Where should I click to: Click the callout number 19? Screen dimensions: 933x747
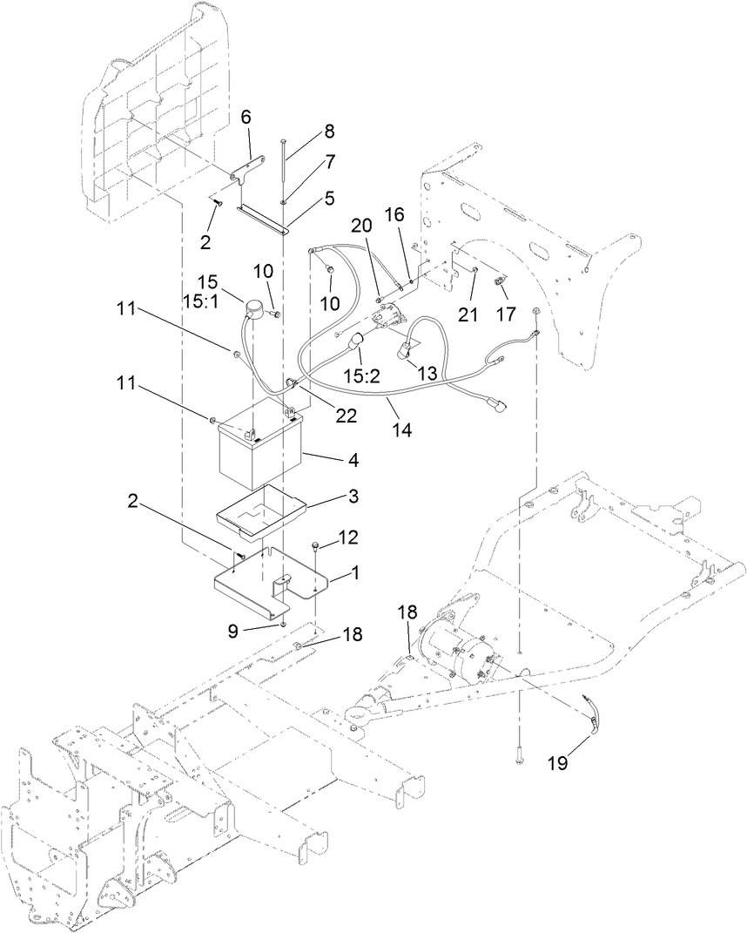(557, 763)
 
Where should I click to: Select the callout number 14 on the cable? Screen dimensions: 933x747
(400, 429)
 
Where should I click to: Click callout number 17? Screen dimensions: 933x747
(505, 314)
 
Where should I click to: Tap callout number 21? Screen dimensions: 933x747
(468, 314)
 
